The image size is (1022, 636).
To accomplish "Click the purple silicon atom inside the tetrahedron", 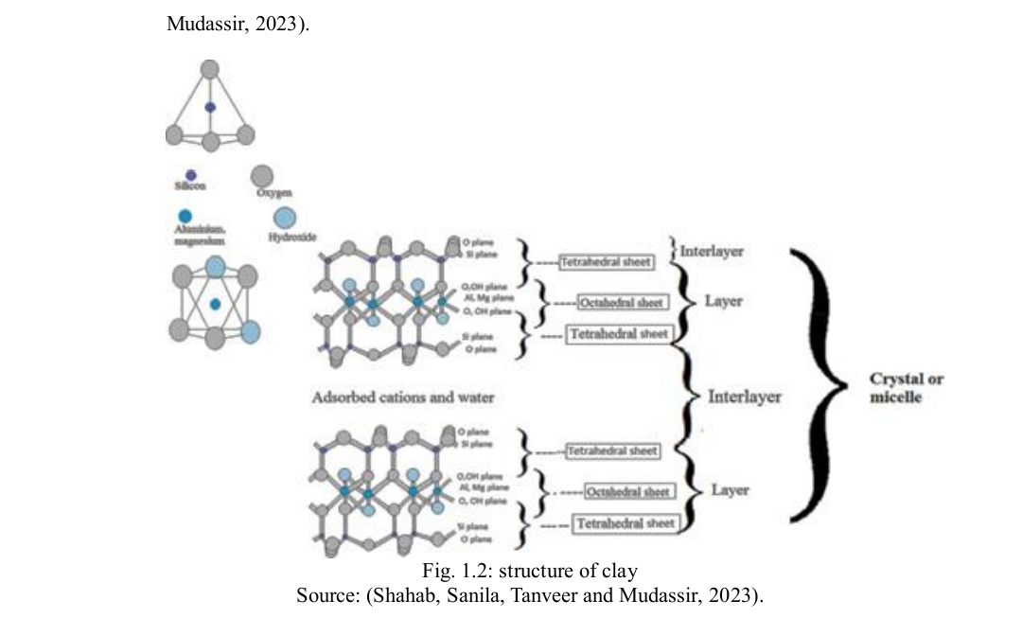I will (x=210, y=108).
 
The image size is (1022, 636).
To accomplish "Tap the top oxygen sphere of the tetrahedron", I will (x=210, y=69).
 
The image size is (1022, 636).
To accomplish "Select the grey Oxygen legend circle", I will (x=261, y=175).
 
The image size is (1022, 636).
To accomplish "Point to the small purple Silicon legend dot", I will (x=190, y=175).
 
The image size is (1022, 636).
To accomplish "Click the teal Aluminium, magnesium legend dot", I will (x=185, y=217).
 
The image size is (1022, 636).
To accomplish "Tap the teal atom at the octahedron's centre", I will (x=216, y=305).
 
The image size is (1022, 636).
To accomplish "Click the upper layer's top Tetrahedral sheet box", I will (x=606, y=261).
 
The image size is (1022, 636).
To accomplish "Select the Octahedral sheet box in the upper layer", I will (x=622, y=302).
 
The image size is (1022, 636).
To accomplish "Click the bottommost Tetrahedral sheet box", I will (x=625, y=522).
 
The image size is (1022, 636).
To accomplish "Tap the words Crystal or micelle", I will (x=907, y=388).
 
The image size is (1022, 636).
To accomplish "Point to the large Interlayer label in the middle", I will (x=745, y=397).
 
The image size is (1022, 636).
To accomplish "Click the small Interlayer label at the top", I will (x=712, y=251).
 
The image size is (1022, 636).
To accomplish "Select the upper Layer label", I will (x=723, y=302).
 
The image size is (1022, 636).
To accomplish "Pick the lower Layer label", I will (x=730, y=490).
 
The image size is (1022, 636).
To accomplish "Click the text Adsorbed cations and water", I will (x=403, y=397).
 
